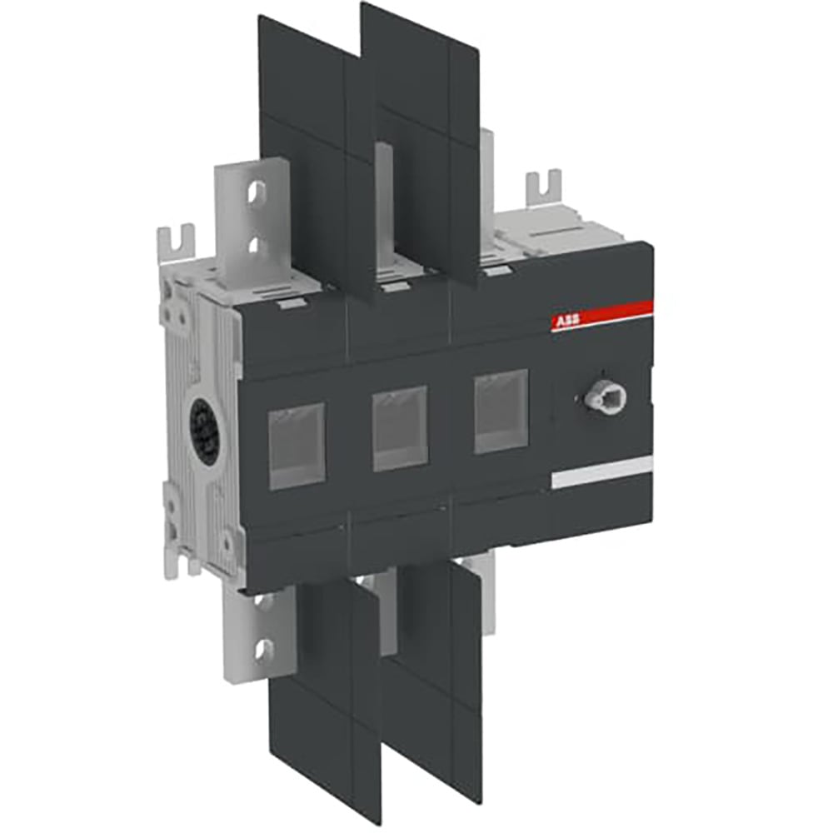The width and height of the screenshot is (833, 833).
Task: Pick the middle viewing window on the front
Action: pos(400,427)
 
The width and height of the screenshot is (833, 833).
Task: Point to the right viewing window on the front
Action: pos(501,412)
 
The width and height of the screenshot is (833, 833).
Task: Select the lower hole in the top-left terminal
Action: pos(257,243)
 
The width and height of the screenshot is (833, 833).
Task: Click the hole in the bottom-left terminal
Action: pos(264,646)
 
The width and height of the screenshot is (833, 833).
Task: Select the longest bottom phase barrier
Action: pos(321,700)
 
